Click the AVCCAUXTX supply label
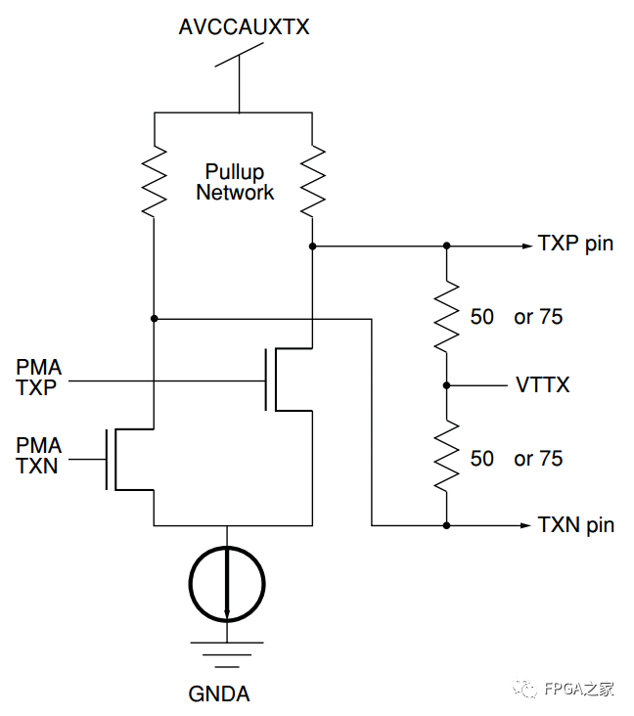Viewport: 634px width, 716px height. (x=244, y=27)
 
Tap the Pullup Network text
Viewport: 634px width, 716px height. (x=235, y=183)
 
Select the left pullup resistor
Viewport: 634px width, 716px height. (x=155, y=181)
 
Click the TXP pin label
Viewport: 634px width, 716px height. (x=575, y=244)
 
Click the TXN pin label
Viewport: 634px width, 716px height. (x=575, y=525)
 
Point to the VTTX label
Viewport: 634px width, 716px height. (x=542, y=385)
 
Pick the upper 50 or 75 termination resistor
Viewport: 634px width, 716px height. (x=447, y=316)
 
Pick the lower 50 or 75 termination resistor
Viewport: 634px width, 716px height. (x=447, y=457)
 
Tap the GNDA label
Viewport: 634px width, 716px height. (x=219, y=694)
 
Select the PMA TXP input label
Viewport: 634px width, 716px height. (x=39, y=378)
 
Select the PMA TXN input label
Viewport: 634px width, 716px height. (x=39, y=456)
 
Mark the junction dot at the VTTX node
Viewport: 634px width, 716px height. (x=447, y=385)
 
